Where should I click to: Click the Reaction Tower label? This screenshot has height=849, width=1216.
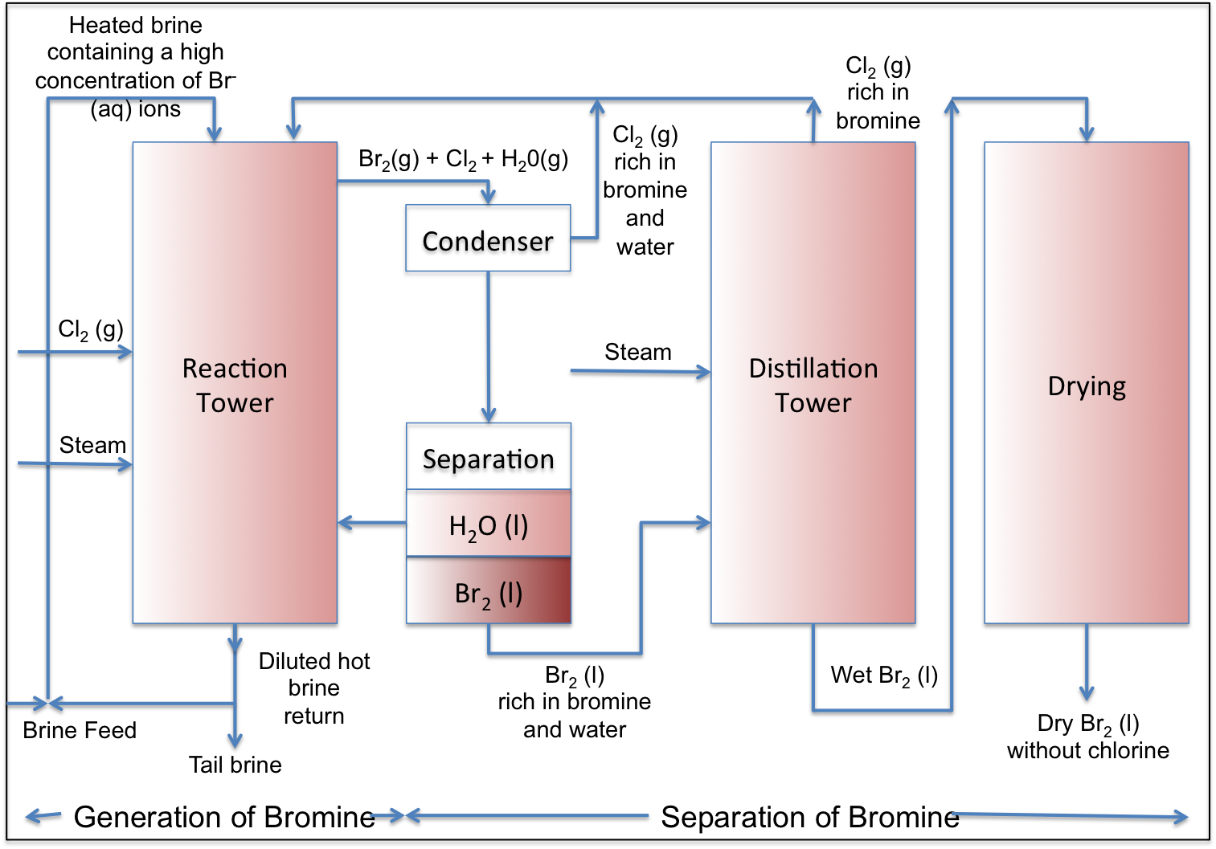coord(235,386)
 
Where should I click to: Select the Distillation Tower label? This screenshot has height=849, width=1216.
coord(813,386)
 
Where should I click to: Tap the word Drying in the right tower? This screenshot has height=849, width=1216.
coord(1086,386)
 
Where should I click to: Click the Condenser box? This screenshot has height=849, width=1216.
coord(488,242)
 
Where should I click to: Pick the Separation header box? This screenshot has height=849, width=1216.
coord(488,460)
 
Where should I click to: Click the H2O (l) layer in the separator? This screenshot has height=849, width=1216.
coord(488,526)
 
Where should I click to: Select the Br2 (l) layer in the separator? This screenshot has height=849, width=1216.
coord(488,594)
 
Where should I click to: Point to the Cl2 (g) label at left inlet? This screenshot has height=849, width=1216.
coord(91,329)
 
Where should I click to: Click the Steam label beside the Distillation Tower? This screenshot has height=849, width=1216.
coord(637,352)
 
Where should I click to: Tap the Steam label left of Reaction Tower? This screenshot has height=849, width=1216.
coord(92,445)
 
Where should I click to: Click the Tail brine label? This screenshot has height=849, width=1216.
coord(235,765)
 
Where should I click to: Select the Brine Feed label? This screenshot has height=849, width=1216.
coord(80,730)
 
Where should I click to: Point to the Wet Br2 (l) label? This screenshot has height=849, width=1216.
coord(884,676)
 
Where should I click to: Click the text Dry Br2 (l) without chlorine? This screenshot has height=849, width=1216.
coord(1087,737)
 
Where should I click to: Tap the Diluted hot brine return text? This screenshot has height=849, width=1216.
coord(313,688)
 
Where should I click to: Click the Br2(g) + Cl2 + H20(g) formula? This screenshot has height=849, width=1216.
coord(463,160)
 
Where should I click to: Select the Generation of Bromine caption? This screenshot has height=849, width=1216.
coord(223,817)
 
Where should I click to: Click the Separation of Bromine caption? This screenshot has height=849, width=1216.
coord(809,817)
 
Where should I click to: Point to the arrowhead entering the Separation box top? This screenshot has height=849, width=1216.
coord(488,414)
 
